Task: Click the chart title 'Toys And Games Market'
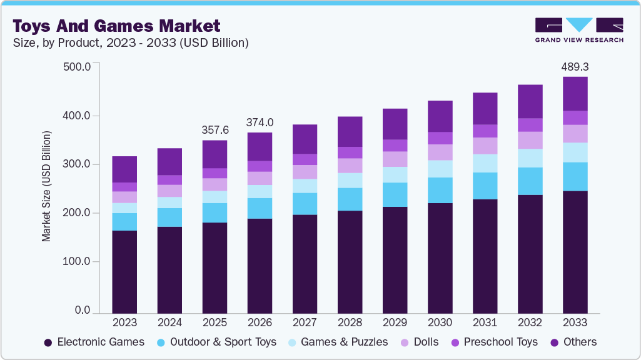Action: coord(116,26)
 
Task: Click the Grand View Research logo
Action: coord(578,29)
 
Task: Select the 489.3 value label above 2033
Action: coord(575,66)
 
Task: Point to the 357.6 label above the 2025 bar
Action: coord(215,130)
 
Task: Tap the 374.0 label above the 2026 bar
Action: coord(260,122)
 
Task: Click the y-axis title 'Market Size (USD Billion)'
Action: coord(46,187)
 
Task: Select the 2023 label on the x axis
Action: coord(124,322)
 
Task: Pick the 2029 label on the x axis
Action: coord(395,322)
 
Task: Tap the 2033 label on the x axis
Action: coord(575,322)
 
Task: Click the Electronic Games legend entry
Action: coord(94,342)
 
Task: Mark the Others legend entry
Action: coord(573,342)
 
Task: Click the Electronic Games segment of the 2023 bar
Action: coord(124,272)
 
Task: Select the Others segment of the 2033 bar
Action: coord(575,94)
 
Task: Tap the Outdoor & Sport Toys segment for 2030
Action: coord(440,190)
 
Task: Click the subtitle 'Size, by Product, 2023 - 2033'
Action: coord(131,43)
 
